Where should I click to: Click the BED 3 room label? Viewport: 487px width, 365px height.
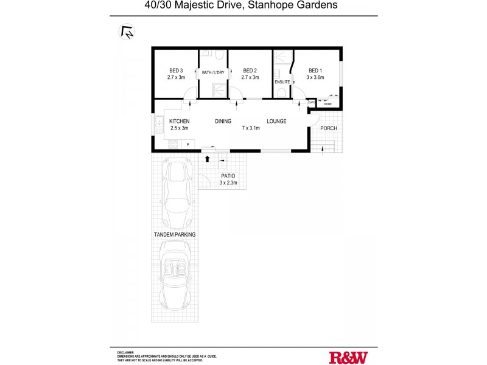pyautogui.click(x=176, y=71)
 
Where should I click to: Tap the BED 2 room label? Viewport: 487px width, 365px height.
pyautogui.click(x=250, y=71)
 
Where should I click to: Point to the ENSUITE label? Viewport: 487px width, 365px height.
pyautogui.click(x=282, y=81)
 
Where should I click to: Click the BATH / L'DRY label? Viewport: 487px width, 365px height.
pyautogui.click(x=212, y=73)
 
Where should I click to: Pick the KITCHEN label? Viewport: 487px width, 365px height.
pyautogui.click(x=179, y=121)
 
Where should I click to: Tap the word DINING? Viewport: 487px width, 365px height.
pyautogui.click(x=223, y=121)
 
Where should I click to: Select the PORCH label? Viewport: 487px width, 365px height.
pyautogui.click(x=328, y=128)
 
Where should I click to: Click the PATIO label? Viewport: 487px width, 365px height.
pyautogui.click(x=228, y=176)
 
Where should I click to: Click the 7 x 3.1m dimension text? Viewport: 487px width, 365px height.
pyautogui.click(x=250, y=128)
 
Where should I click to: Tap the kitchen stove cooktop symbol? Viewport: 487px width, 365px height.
pyautogui.click(x=172, y=144)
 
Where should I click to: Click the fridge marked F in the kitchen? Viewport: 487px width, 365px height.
pyautogui.click(x=188, y=144)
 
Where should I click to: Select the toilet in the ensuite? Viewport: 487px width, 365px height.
pyautogui.click(x=281, y=92)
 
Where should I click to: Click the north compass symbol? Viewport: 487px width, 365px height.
pyautogui.click(x=127, y=32)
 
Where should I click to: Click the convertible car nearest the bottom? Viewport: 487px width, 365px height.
pyautogui.click(x=177, y=275)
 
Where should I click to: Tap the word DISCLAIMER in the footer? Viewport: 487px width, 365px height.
pyautogui.click(x=126, y=352)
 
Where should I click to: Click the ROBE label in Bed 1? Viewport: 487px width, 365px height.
pyautogui.click(x=328, y=104)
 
